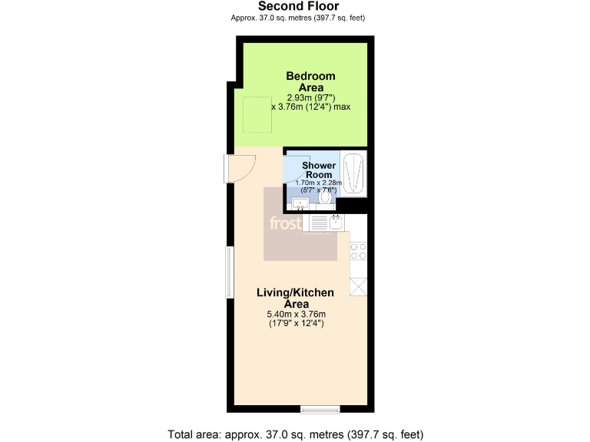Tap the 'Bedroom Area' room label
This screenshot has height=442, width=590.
tap(310, 81)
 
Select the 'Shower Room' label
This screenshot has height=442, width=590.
tap(318, 170)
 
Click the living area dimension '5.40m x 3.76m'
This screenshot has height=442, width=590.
tap(296, 314)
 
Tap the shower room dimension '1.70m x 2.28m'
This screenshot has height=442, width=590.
tap(319, 183)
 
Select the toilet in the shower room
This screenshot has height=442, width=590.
tap(326, 197)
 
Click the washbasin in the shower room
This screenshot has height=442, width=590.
tap(300, 203)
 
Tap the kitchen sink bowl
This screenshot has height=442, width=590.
tap(336, 223)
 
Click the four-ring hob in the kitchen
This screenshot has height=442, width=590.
tap(358, 250)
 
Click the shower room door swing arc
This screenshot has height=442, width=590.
tap(293, 175)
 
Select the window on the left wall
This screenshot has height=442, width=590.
tap(228, 272)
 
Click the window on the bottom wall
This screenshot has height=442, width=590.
tap(320, 408)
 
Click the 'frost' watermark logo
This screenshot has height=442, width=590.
tap(283, 223)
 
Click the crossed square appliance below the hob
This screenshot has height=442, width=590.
tap(358, 286)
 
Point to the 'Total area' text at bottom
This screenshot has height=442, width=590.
tap(296, 434)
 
